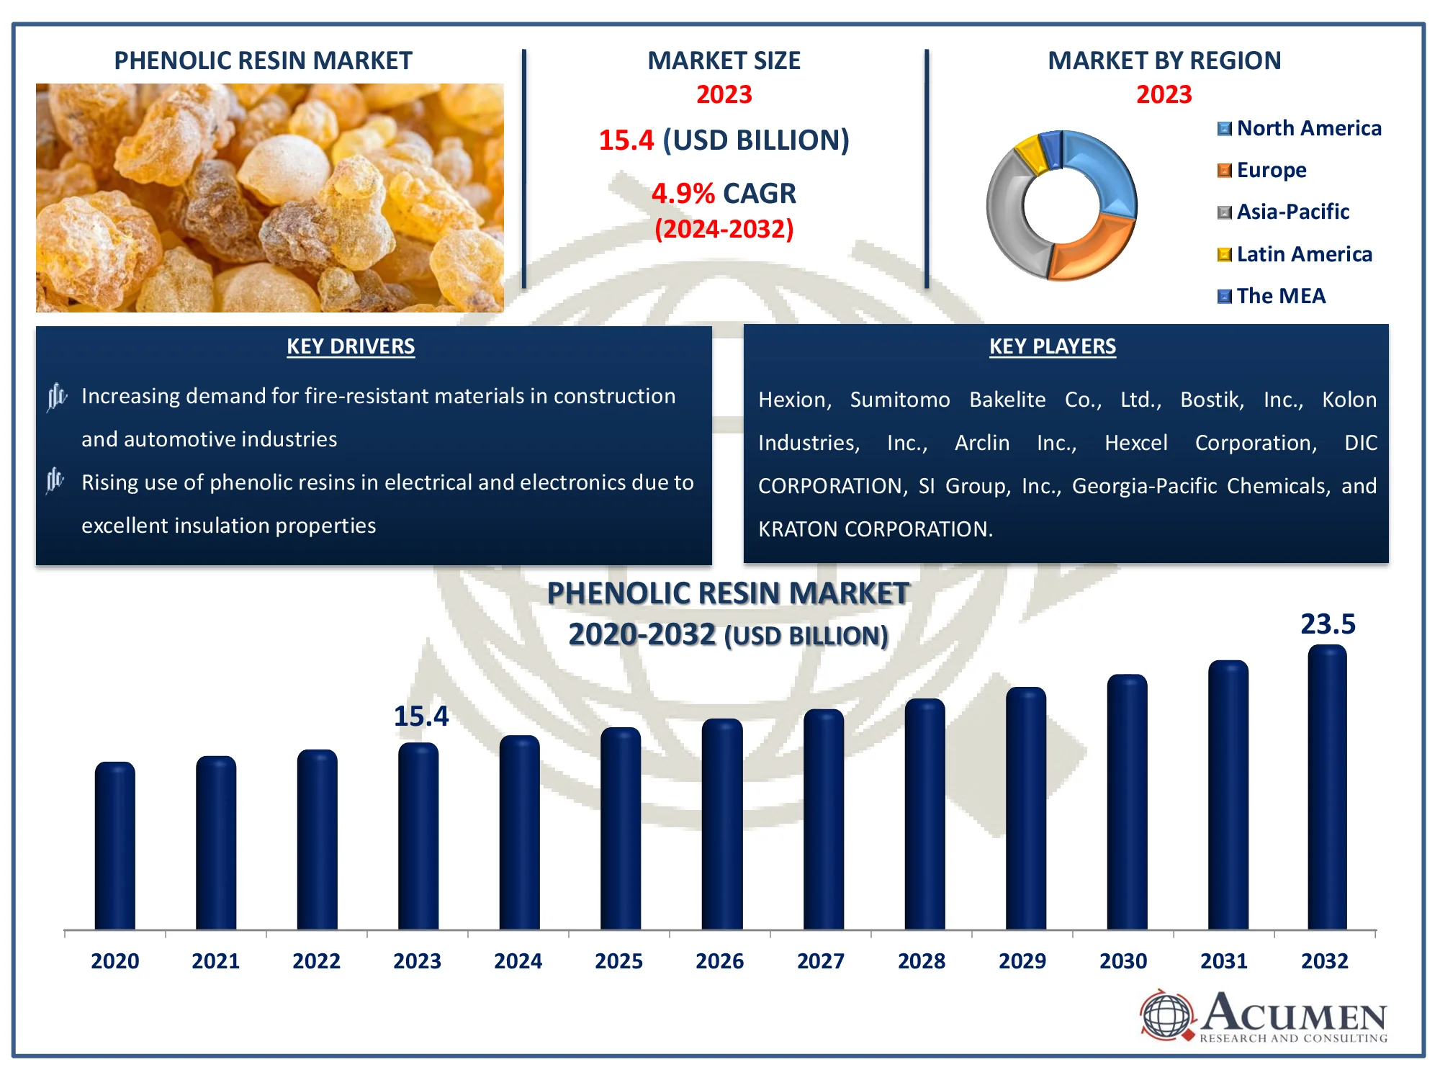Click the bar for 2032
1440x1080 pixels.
[1327, 788]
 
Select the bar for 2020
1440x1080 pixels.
[114, 846]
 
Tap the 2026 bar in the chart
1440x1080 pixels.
[721, 824]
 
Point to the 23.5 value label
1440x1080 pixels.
[1327, 624]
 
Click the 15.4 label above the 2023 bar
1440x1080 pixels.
[420, 716]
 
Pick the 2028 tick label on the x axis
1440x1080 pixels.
[921, 961]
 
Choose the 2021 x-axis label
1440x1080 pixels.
[215, 961]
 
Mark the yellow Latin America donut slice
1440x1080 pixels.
[1031, 153]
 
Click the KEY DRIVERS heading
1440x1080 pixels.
[351, 346]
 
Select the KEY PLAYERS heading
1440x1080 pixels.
[1052, 346]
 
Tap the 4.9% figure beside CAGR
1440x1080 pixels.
[683, 194]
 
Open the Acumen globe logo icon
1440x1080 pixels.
[1166, 1015]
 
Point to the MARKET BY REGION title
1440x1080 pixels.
[1164, 60]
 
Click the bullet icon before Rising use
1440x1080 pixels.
[55, 480]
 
